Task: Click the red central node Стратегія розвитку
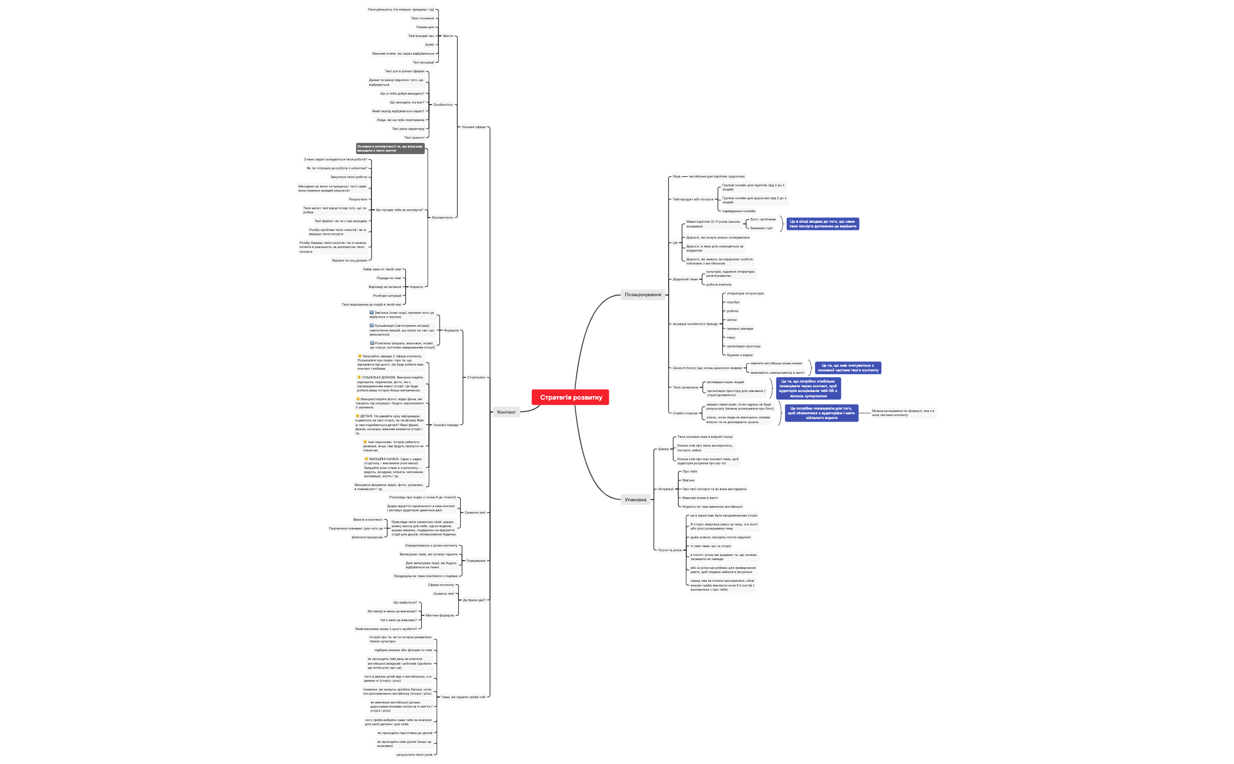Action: tap(571, 397)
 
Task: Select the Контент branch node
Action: tap(506, 412)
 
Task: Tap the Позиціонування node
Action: tap(643, 294)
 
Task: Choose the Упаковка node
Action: tap(635, 500)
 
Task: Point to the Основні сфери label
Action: tap(473, 127)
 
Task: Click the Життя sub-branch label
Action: tap(447, 36)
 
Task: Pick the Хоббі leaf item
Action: tap(429, 45)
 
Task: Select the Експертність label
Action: tap(442, 217)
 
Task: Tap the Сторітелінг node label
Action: tap(476, 377)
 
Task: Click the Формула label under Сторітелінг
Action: tap(451, 330)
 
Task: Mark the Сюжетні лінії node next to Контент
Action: tap(475, 512)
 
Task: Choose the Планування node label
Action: tap(475, 561)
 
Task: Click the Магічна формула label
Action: tap(440, 615)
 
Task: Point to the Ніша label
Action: tap(676, 176)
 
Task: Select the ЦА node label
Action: tap(675, 243)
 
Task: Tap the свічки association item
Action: tap(732, 320)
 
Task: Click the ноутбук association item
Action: tap(733, 302)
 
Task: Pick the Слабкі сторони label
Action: tap(685, 413)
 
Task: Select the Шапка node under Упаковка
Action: tap(663, 449)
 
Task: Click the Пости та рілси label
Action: tap(670, 550)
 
